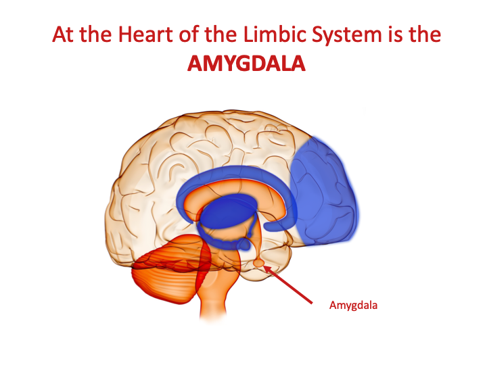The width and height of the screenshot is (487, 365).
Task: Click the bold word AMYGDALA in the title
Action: [x=246, y=64]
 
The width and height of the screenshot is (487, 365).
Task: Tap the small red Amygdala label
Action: [x=354, y=306]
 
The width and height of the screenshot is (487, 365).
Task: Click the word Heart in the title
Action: [x=145, y=34]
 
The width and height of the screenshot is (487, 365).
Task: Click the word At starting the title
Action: [x=63, y=34]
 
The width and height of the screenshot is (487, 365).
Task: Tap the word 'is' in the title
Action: [x=395, y=34]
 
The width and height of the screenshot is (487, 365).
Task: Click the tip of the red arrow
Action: [x=264, y=266]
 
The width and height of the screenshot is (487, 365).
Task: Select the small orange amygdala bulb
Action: [x=258, y=263]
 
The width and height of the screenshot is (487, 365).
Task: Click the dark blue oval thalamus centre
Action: [x=229, y=213]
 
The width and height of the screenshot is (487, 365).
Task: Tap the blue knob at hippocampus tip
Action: [x=243, y=245]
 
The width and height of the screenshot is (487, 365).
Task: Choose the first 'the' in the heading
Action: [x=95, y=34]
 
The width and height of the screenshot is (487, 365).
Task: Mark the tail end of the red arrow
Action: [x=312, y=303]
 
